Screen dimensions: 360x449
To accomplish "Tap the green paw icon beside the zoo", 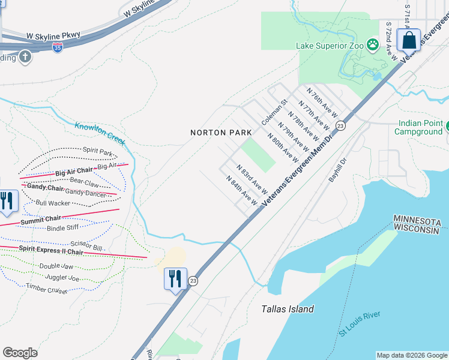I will pos(373,44).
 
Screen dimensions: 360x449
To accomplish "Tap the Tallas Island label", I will pos(288,309).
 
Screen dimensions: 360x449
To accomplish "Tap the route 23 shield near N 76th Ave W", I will pos(340,125).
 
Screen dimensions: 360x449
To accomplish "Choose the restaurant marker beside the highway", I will pos(175,279).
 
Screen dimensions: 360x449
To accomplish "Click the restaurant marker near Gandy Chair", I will pos(6,201).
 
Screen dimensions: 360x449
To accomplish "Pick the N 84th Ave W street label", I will pos(241,191).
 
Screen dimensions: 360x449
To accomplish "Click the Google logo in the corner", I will pos(20,353).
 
